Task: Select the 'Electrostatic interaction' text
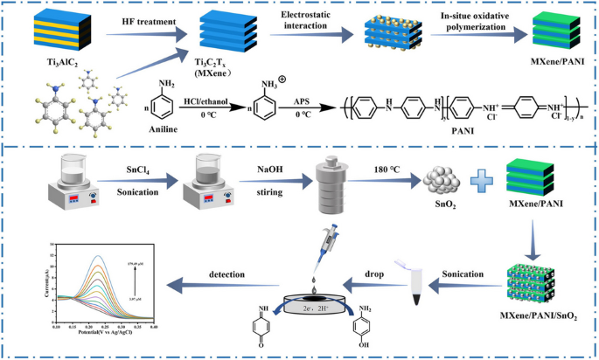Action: [x=303, y=21]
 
